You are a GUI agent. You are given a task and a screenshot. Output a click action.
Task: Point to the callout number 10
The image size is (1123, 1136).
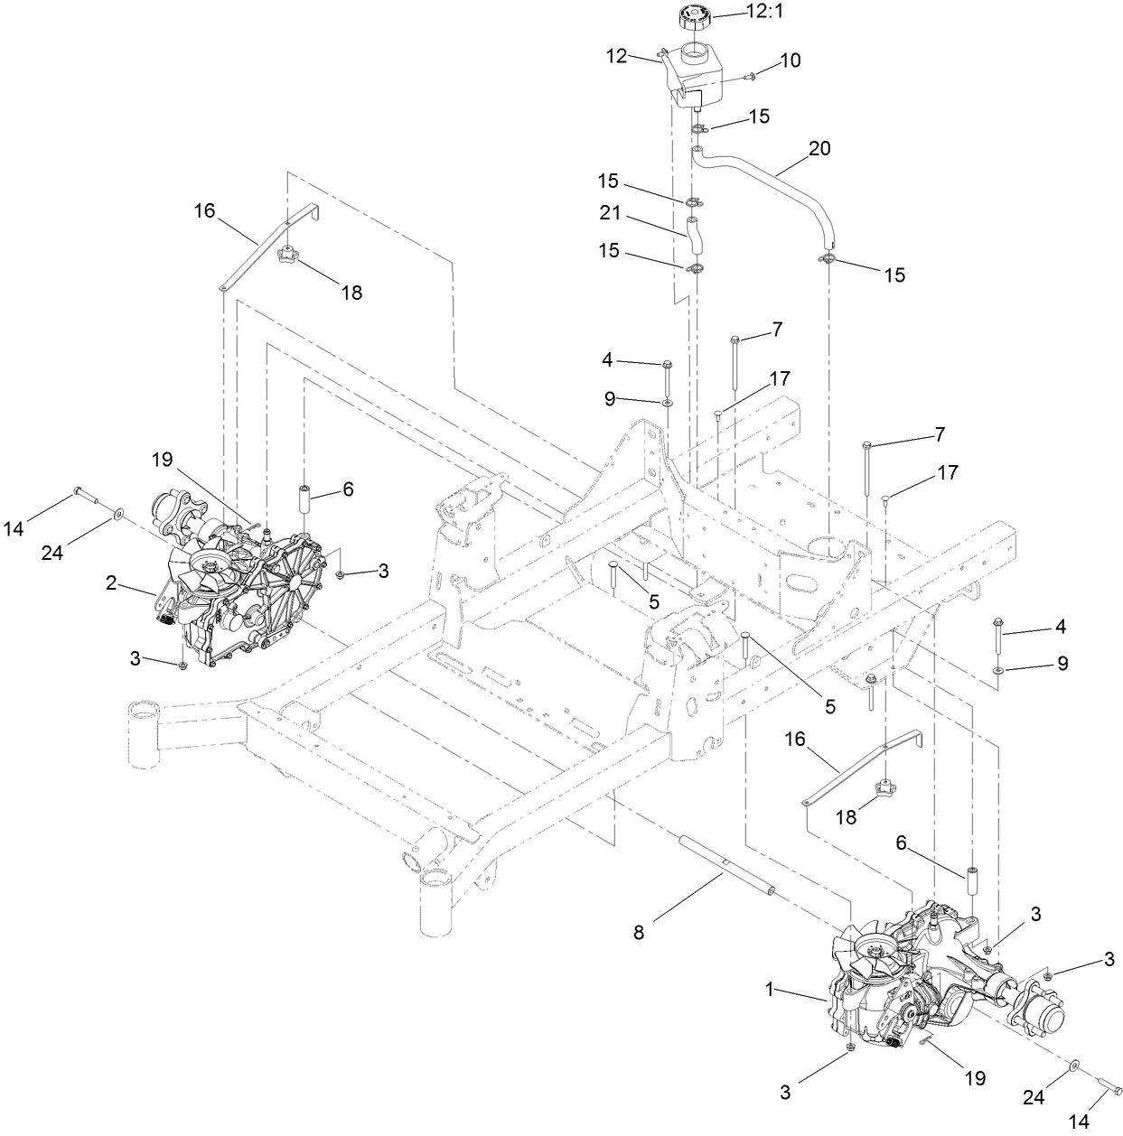click(x=790, y=61)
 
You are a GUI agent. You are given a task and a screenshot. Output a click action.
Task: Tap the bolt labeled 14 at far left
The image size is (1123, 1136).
click(x=84, y=495)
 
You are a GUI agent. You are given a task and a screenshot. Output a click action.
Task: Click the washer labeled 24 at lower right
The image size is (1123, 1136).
click(x=1074, y=1066)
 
